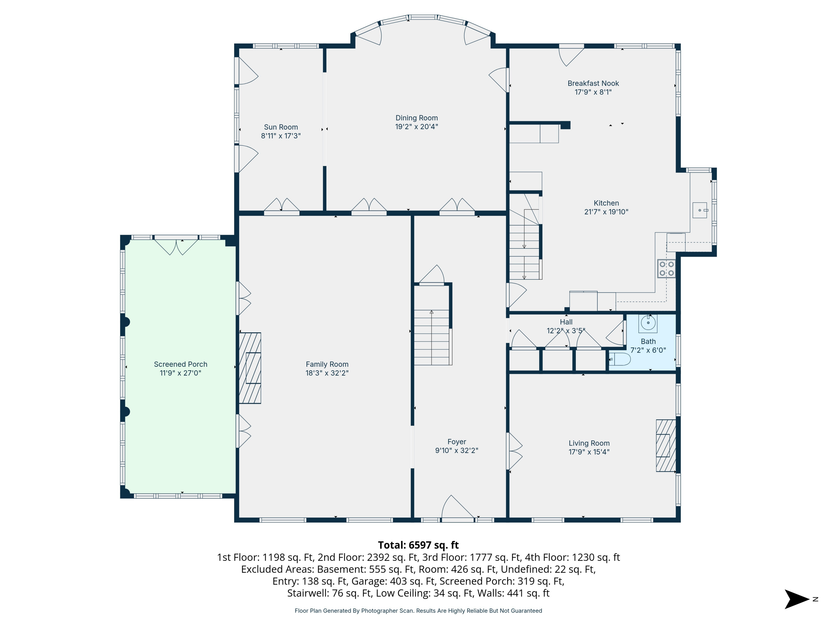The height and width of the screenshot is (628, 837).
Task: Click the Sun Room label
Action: pyautogui.click(x=281, y=127)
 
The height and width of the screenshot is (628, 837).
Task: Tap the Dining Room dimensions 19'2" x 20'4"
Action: pyautogui.click(x=417, y=127)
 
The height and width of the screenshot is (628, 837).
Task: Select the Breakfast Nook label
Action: pyautogui.click(x=593, y=83)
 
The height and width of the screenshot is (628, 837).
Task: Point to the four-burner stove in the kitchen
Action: pyautogui.click(x=666, y=269)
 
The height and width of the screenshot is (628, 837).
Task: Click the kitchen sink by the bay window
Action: pyautogui.click(x=700, y=210)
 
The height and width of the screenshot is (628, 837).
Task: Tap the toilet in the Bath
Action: pyautogui.click(x=620, y=359)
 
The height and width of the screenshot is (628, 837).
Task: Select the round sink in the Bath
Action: pyautogui.click(x=648, y=323)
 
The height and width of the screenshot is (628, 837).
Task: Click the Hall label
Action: pyautogui.click(x=566, y=322)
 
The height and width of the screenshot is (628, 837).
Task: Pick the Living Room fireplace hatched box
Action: pyautogui.click(x=666, y=445)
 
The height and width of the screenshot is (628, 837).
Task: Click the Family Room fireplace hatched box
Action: pyautogui.click(x=250, y=368)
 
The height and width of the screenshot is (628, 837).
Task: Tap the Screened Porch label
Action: pyautogui.click(x=181, y=364)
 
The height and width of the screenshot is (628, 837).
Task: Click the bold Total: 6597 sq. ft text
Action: pyautogui.click(x=418, y=545)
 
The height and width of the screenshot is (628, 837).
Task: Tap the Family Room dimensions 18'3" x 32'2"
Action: pyautogui.click(x=327, y=373)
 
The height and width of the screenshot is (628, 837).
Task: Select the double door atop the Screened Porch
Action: pyautogui.click(x=176, y=246)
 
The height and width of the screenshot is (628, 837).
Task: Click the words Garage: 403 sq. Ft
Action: pyautogui.click(x=393, y=581)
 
